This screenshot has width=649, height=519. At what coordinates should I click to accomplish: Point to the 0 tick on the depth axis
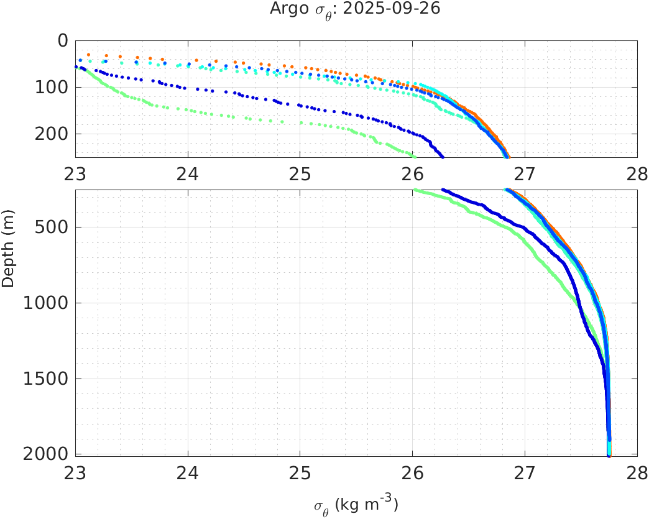coord(62,40)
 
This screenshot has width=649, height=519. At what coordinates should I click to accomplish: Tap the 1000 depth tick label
coord(47,303)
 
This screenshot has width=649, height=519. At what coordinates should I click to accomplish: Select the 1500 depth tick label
coord(47,379)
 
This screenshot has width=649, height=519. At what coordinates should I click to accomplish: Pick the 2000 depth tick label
coord(47,454)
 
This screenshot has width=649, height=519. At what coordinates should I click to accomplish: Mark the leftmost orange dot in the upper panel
coord(88,55)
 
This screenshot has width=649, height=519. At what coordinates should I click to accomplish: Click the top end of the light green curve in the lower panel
coord(415,191)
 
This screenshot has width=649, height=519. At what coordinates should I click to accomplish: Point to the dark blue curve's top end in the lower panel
coord(443,190)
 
